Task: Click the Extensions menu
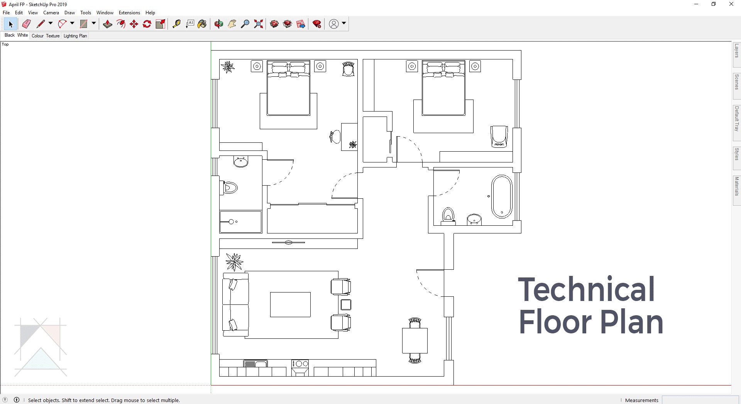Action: click(x=129, y=13)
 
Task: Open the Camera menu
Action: click(x=51, y=13)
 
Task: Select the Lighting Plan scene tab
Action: click(x=75, y=36)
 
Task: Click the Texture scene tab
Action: click(x=53, y=36)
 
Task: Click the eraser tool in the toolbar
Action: click(x=26, y=24)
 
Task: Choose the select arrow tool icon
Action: click(x=10, y=24)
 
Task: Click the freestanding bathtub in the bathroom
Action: click(x=502, y=197)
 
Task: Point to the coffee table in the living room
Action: click(x=290, y=304)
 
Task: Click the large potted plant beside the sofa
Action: click(x=234, y=262)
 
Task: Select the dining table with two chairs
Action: click(x=415, y=340)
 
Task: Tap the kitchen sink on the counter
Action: click(x=255, y=363)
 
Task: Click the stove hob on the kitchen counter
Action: click(x=300, y=364)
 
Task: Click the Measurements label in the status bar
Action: click(x=641, y=400)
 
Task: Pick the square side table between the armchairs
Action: click(x=346, y=305)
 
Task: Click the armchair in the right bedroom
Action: click(x=499, y=137)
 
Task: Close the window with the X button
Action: click(x=731, y=4)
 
